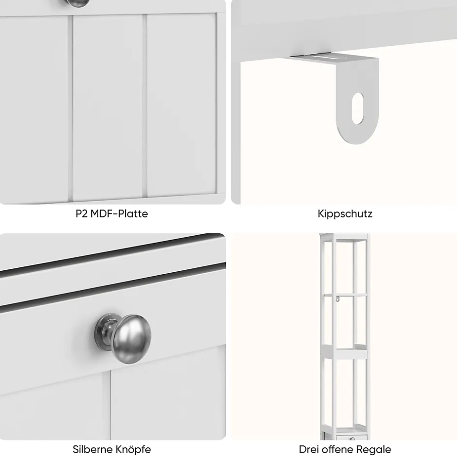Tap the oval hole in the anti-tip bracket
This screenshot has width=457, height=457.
click(x=358, y=108)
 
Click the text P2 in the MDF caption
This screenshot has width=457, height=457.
click(x=82, y=213)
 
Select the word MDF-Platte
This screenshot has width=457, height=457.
click(x=119, y=213)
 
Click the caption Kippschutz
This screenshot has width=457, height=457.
click(x=345, y=214)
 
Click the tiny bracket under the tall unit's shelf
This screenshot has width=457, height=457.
click(x=338, y=299)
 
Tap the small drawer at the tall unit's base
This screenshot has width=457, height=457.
click(x=352, y=438)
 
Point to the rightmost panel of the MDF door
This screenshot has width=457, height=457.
click(x=181, y=105)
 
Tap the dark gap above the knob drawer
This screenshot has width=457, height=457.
click(x=113, y=288)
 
